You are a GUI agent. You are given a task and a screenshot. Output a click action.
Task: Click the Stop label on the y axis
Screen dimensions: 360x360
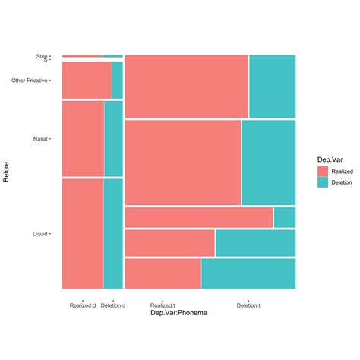point(40,56)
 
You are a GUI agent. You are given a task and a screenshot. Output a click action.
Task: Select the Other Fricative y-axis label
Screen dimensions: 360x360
point(29,80)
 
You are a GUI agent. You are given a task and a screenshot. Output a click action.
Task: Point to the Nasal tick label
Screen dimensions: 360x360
point(40,139)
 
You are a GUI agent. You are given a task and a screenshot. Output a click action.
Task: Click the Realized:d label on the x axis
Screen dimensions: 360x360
point(82,305)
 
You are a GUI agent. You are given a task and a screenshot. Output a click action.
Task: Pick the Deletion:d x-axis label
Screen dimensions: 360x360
point(113,305)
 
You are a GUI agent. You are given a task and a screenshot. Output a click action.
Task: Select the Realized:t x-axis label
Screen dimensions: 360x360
point(163,305)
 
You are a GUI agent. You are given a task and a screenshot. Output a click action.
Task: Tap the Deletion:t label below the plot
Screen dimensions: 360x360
point(248,305)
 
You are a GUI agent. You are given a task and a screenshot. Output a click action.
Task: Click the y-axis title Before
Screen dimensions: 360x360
point(8,172)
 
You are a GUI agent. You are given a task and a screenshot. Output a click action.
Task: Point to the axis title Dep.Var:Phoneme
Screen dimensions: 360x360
point(178,313)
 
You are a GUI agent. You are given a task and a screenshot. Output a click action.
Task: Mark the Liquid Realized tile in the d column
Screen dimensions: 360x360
point(82,233)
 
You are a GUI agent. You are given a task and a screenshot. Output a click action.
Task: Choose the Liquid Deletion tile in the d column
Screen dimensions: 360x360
point(113,233)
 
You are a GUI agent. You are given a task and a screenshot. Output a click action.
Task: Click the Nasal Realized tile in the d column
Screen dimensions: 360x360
point(83,138)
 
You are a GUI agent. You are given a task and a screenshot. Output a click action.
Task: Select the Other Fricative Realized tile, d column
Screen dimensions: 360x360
point(87,80)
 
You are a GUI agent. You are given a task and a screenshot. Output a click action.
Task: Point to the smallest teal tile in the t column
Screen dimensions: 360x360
point(285,217)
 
